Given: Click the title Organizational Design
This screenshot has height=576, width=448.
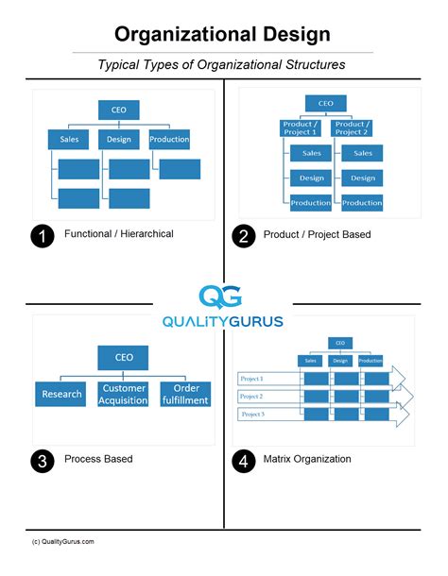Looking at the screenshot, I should (x=223, y=35).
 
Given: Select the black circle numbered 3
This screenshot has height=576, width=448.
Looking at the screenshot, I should (x=42, y=462).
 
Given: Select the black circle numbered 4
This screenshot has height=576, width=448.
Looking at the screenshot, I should (x=244, y=462).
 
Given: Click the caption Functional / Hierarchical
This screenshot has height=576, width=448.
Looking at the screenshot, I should (x=118, y=234).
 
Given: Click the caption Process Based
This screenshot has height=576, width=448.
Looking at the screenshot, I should (x=98, y=459).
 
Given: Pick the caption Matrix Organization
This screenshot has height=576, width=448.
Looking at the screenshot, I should (x=307, y=459).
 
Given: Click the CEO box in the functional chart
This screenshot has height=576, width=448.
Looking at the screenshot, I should (x=119, y=110).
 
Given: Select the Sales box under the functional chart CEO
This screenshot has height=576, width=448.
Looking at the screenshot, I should (x=68, y=140).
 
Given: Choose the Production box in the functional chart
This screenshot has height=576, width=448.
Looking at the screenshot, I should (x=169, y=140).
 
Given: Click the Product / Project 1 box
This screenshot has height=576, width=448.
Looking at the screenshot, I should (x=302, y=128).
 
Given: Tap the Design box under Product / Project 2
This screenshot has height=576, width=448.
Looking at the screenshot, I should (x=362, y=178).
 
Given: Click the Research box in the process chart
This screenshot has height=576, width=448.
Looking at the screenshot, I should (x=61, y=393).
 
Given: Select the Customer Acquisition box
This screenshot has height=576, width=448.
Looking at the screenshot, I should (x=125, y=394).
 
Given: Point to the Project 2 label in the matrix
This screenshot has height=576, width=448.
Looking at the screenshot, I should (x=252, y=397).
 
